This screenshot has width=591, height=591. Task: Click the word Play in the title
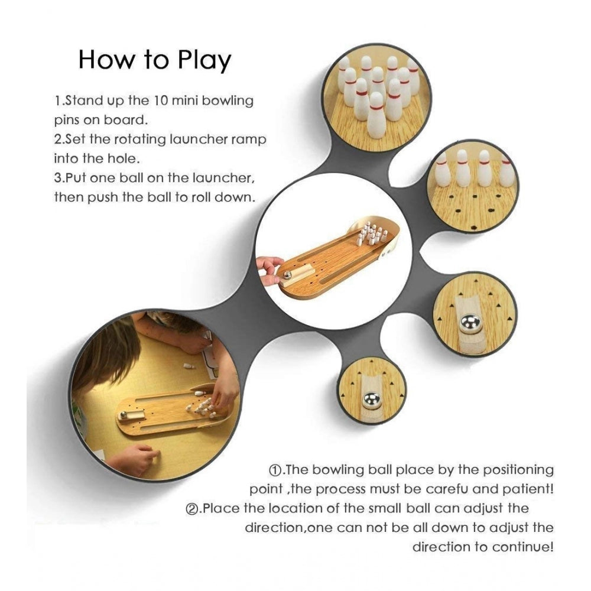pos(204,60)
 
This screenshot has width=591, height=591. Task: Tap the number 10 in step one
pos(160,100)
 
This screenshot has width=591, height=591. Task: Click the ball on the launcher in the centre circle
pos(288,275)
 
